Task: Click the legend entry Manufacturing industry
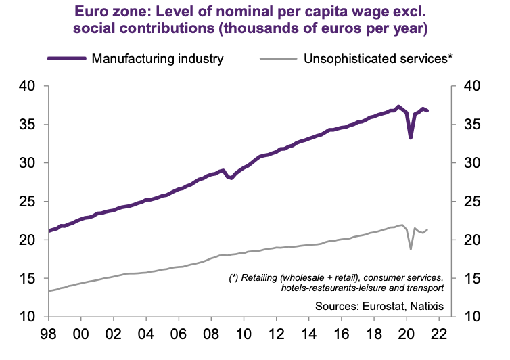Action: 157,58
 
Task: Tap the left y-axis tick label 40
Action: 27,86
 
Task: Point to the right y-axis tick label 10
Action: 473,317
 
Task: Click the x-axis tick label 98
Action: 47,335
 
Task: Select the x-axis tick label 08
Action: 210,335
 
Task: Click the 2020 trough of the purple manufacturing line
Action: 411,138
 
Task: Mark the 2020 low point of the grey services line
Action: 411,249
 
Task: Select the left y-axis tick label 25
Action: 27,202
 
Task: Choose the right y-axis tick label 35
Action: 473,125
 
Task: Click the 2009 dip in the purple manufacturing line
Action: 231,179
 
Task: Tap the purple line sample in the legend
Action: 67,58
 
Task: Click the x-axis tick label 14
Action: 308,335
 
